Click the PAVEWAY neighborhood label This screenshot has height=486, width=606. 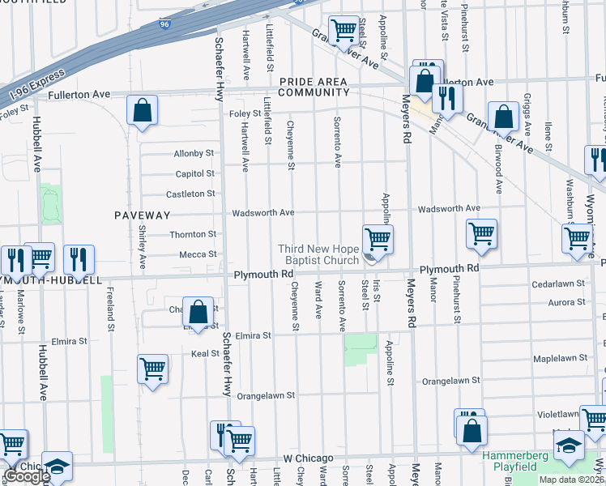pos(142,215)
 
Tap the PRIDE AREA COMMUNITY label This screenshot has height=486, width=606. pos(314,87)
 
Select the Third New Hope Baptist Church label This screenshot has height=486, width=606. pos(318,254)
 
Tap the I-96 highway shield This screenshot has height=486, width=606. pos(165,26)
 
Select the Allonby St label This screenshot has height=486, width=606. pos(194,153)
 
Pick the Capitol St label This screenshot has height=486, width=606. pos(194,174)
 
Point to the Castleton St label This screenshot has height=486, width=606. pos(192,194)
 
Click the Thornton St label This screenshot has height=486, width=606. pos(193,235)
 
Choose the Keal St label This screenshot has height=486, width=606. pos(205,353)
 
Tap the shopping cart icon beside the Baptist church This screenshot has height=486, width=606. pos(378,239)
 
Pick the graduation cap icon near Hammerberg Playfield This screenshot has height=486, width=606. pos(569,446)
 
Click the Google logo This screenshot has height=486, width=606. pos(26,476)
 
